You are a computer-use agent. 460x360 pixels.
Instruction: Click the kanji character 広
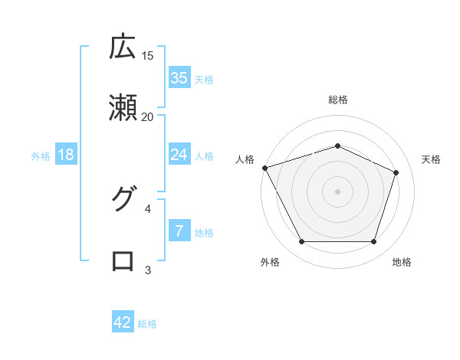(123, 47)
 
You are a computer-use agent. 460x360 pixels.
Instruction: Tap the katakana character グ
(123, 199)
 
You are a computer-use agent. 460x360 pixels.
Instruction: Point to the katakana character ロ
(123, 260)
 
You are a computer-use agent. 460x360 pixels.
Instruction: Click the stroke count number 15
(148, 55)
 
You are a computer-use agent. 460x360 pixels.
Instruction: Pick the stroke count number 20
(148, 116)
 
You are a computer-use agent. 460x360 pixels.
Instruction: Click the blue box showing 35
(179, 78)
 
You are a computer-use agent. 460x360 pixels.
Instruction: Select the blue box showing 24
(179, 155)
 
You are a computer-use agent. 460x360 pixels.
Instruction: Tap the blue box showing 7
(179, 231)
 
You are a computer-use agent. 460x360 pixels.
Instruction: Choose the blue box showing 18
(66, 155)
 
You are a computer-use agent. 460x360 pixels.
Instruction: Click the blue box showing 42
(123, 323)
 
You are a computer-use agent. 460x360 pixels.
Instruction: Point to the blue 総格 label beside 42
(147, 324)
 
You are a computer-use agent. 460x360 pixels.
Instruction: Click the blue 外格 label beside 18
(41, 155)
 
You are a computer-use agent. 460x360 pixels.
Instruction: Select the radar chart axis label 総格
(338, 100)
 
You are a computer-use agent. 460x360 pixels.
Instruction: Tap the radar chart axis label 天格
(432, 159)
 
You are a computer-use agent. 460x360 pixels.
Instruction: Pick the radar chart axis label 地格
(402, 263)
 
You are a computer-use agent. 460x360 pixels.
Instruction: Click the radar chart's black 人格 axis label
(245, 159)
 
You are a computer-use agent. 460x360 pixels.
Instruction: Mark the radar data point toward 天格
(396, 172)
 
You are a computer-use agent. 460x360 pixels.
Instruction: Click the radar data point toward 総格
(338, 146)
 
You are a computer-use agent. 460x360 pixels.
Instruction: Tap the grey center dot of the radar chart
(338, 191)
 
